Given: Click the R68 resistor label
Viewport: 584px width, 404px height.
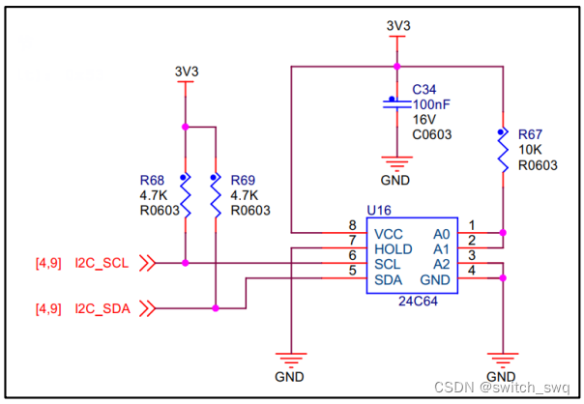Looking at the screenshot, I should (152, 180).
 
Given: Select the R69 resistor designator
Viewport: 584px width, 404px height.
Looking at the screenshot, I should (243, 180).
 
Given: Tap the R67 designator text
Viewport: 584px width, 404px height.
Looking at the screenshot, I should (531, 134).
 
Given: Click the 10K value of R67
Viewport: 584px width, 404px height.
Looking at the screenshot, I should (530, 150).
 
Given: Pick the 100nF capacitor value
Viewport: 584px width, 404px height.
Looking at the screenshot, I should (431, 103).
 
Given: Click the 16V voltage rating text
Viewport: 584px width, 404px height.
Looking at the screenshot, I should (423, 119).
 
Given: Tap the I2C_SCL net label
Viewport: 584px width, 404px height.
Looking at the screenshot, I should (102, 262).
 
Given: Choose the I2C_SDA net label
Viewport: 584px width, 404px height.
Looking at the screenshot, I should (103, 309).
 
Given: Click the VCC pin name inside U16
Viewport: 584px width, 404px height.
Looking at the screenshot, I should (388, 233).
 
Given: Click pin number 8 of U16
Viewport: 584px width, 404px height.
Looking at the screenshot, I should (352, 225).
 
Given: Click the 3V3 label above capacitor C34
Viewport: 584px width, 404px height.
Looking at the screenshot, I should (397, 26).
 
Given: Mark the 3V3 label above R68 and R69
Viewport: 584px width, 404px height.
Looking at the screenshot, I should (186, 71).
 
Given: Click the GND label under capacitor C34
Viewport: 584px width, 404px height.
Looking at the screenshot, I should (394, 181).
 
